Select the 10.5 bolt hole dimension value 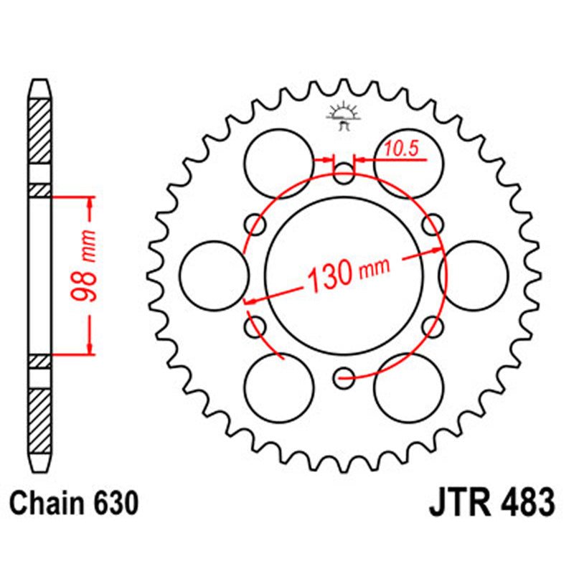pyautogui.click(x=400, y=149)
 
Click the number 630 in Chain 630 pyautogui.click(x=113, y=503)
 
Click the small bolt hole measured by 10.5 pyautogui.click(x=344, y=171)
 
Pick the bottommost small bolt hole pyautogui.click(x=344, y=375)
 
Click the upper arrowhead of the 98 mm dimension pyautogui.click(x=90, y=203)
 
